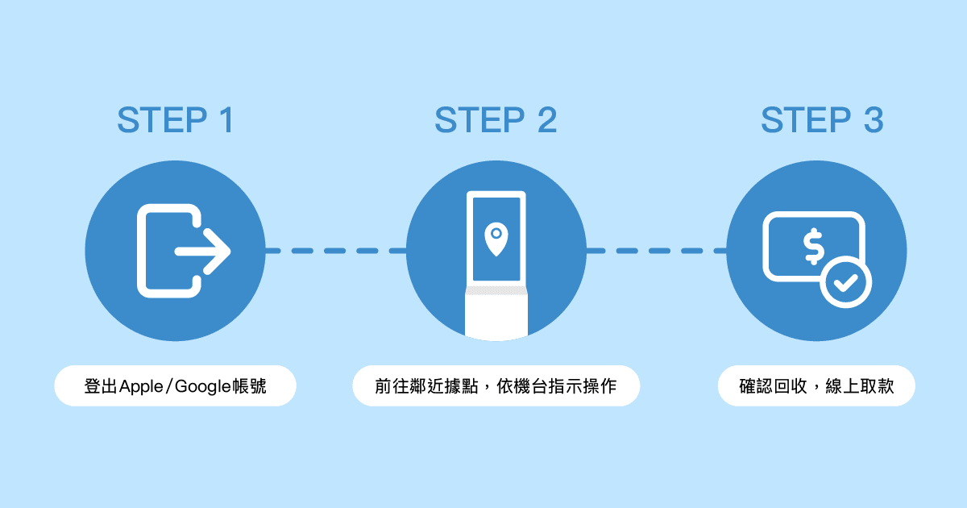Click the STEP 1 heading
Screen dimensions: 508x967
click(175, 121)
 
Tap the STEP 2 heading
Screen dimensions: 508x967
click(496, 121)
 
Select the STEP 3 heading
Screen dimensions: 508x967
click(822, 121)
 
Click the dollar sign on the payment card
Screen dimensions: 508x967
click(813, 246)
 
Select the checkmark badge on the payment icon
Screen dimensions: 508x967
click(845, 282)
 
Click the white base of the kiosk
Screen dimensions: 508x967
click(496, 315)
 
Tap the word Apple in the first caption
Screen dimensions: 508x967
click(140, 386)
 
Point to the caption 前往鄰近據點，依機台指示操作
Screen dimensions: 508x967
click(496, 386)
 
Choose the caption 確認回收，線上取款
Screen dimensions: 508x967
click(816, 386)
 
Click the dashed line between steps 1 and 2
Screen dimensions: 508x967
click(335, 251)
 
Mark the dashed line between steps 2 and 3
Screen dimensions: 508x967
click(657, 251)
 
